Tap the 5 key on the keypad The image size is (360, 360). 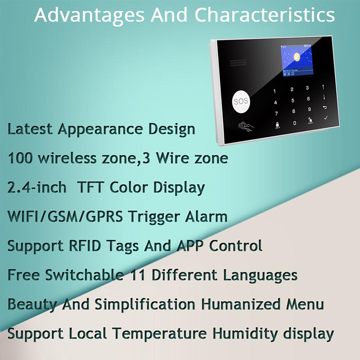point(293,100)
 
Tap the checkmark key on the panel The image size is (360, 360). point(326,118)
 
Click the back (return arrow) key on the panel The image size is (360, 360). point(324,107)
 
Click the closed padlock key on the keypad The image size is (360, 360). point(277,123)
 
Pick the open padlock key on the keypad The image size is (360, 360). point(310,121)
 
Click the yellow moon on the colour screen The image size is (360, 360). point(297,58)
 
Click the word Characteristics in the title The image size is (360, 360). point(265,15)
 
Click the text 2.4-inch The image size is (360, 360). point(36,187)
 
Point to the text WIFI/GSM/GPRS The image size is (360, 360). point(66,216)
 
